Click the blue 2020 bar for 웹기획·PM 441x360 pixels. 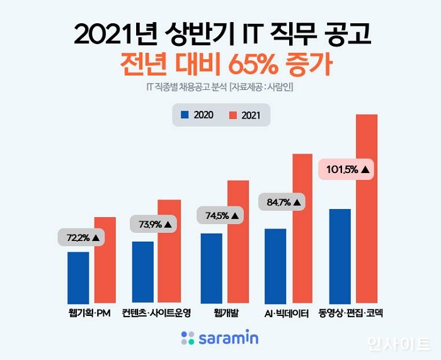[77, 277]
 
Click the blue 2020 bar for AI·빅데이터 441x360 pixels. [275, 265]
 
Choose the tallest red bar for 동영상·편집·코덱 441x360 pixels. [366, 208]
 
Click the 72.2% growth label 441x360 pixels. [83, 238]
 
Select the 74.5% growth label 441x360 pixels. [222, 215]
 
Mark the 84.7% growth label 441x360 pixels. [282, 202]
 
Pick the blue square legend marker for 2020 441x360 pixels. [185, 115]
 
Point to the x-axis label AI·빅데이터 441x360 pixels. [288, 312]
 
